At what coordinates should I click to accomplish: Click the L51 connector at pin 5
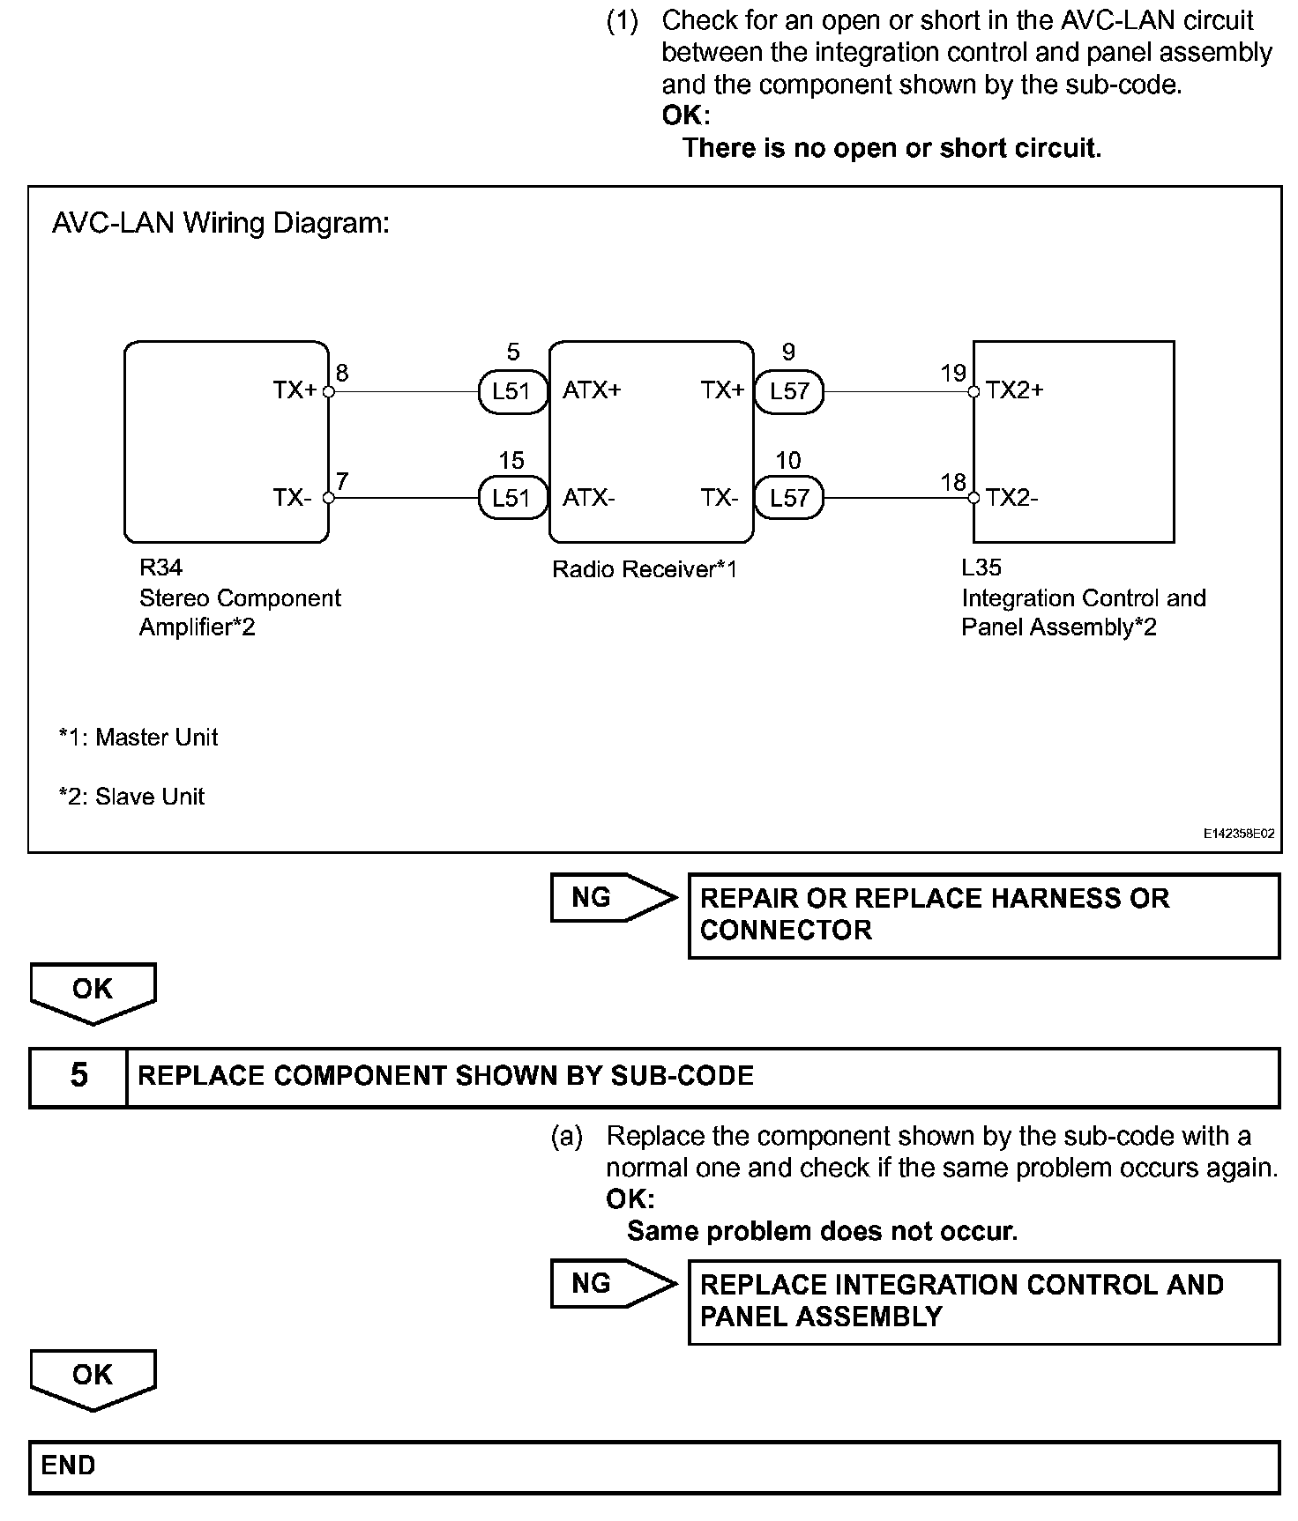pyautogui.click(x=511, y=391)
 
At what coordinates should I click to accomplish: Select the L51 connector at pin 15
pyautogui.click(x=511, y=498)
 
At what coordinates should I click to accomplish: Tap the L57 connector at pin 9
pyautogui.click(x=788, y=391)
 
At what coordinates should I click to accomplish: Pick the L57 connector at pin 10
pyautogui.click(x=788, y=498)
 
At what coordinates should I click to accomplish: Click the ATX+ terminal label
pyautogui.click(x=592, y=390)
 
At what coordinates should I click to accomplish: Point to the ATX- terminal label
pyautogui.click(x=588, y=498)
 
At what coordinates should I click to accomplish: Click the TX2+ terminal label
pyautogui.click(x=1014, y=390)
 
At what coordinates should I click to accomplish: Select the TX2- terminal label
pyautogui.click(x=1011, y=498)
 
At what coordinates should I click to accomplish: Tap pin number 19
pyautogui.click(x=953, y=374)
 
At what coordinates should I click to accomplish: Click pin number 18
pyautogui.click(x=953, y=482)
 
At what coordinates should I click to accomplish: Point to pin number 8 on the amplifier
pyautogui.click(x=342, y=373)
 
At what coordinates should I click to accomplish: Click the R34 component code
pyautogui.click(x=160, y=568)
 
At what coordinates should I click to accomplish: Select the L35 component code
pyautogui.click(x=981, y=568)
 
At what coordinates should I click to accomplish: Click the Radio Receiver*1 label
pyautogui.click(x=644, y=569)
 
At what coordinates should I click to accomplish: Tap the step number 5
pyautogui.click(x=78, y=1076)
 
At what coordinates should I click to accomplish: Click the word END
pyautogui.click(x=68, y=1465)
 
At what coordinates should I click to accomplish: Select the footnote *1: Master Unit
pyautogui.click(x=138, y=737)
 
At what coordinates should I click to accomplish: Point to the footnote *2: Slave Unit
pyautogui.click(x=131, y=797)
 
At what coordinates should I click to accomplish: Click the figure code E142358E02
pyautogui.click(x=1239, y=833)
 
